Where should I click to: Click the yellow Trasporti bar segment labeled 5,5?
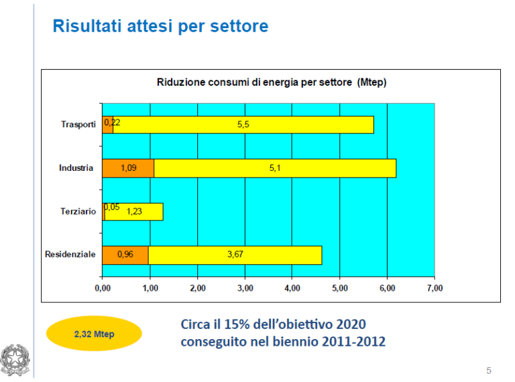[x=243, y=125]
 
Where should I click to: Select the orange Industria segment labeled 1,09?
[x=128, y=168]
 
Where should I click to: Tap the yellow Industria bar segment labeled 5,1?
[x=275, y=168]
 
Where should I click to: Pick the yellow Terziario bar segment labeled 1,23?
[x=134, y=212]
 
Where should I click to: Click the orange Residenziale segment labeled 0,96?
[x=125, y=255]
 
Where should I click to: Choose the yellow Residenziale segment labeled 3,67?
[x=235, y=255]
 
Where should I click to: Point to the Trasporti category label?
[x=78, y=125]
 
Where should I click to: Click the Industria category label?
[x=76, y=168]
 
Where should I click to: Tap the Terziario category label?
[x=78, y=211]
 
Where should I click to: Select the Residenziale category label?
[x=70, y=255]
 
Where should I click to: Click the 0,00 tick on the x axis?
[x=103, y=288]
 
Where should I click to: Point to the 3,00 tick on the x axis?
[x=245, y=288]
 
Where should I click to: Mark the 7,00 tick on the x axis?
[x=435, y=288]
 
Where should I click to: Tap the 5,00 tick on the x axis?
[x=340, y=288]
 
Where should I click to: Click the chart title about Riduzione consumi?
[x=272, y=82]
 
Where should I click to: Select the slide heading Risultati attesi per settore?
[x=161, y=26]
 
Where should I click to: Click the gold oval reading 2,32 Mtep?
[x=94, y=334]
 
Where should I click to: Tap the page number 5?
[x=489, y=371]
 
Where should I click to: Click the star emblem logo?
[x=15, y=360]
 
